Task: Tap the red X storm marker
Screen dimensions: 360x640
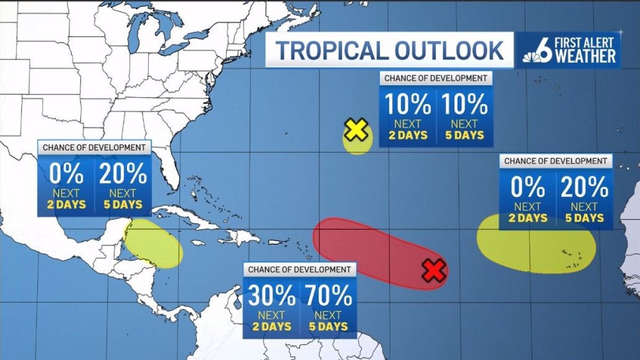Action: coord(434,270)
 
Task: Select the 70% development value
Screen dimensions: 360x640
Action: coord(328,295)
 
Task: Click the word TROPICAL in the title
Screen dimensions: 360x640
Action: coord(331,50)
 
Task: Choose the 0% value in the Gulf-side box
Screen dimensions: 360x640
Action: coord(66,174)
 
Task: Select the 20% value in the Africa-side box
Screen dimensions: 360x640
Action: coord(584,187)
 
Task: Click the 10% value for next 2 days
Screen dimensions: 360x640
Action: coord(407,105)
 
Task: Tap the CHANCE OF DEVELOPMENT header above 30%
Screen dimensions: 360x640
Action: coord(299,269)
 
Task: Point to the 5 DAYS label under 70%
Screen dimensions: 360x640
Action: coord(328,326)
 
